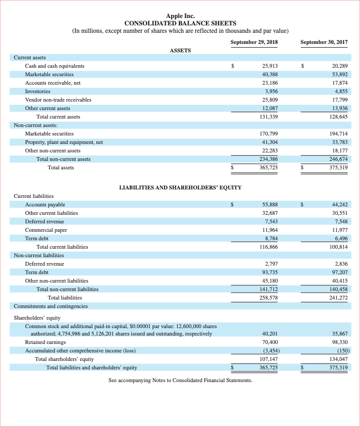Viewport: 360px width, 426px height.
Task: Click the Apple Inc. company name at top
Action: pos(180,16)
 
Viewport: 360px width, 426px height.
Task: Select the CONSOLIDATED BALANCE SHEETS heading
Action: pos(180,23)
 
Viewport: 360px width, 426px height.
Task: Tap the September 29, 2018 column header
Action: pos(255,42)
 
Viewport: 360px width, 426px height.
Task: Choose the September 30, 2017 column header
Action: pos(323,42)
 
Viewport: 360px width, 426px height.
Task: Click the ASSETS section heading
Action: pos(180,50)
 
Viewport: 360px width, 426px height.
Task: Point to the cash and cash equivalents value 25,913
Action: pos(270,66)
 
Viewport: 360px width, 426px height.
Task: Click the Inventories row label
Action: pos(39,91)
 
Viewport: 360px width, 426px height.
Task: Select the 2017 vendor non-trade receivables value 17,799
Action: pos(338,99)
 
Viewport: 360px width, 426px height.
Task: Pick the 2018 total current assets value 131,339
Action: pos(269,116)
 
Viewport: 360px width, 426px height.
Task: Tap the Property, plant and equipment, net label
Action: pos(64,142)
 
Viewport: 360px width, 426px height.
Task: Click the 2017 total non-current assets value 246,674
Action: pos(338,159)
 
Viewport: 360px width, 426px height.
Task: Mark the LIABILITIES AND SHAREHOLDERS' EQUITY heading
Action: pos(180,187)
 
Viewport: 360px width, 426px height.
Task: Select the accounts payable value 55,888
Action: pos(270,204)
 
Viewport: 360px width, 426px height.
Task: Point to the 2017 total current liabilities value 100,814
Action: pos(338,247)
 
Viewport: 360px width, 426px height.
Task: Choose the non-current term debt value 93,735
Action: pos(270,272)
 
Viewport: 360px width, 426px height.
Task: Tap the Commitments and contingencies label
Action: pos(51,306)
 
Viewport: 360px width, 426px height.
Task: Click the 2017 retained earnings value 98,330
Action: pos(338,342)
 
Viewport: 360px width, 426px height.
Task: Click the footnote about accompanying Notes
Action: pos(180,380)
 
